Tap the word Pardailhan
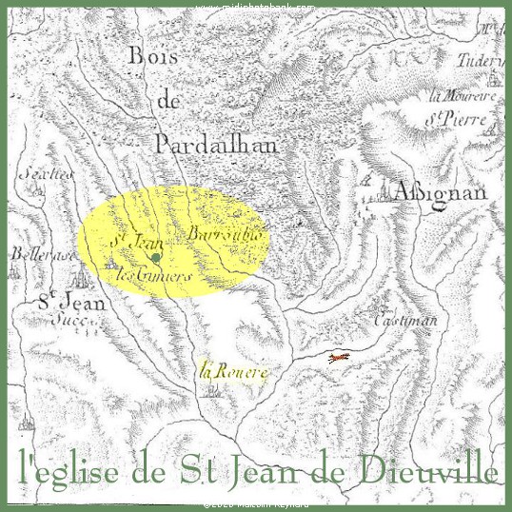click(x=214, y=144)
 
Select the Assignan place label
click(x=441, y=192)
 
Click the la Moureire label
click(x=464, y=96)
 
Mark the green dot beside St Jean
click(x=156, y=257)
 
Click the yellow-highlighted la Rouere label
click(x=234, y=370)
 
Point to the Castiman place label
click(x=406, y=321)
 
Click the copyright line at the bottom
click(x=256, y=505)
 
